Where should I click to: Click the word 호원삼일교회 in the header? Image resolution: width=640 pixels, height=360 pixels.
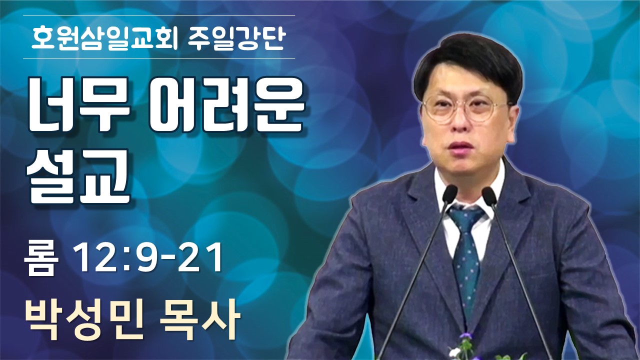click(104, 37)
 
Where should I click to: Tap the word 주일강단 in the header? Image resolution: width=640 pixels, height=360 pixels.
click(236, 37)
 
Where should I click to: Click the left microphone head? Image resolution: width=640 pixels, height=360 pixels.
click(449, 194)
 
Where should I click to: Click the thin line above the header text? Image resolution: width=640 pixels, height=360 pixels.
click(159, 15)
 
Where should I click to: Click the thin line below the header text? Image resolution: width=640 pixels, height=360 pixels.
click(159, 58)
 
